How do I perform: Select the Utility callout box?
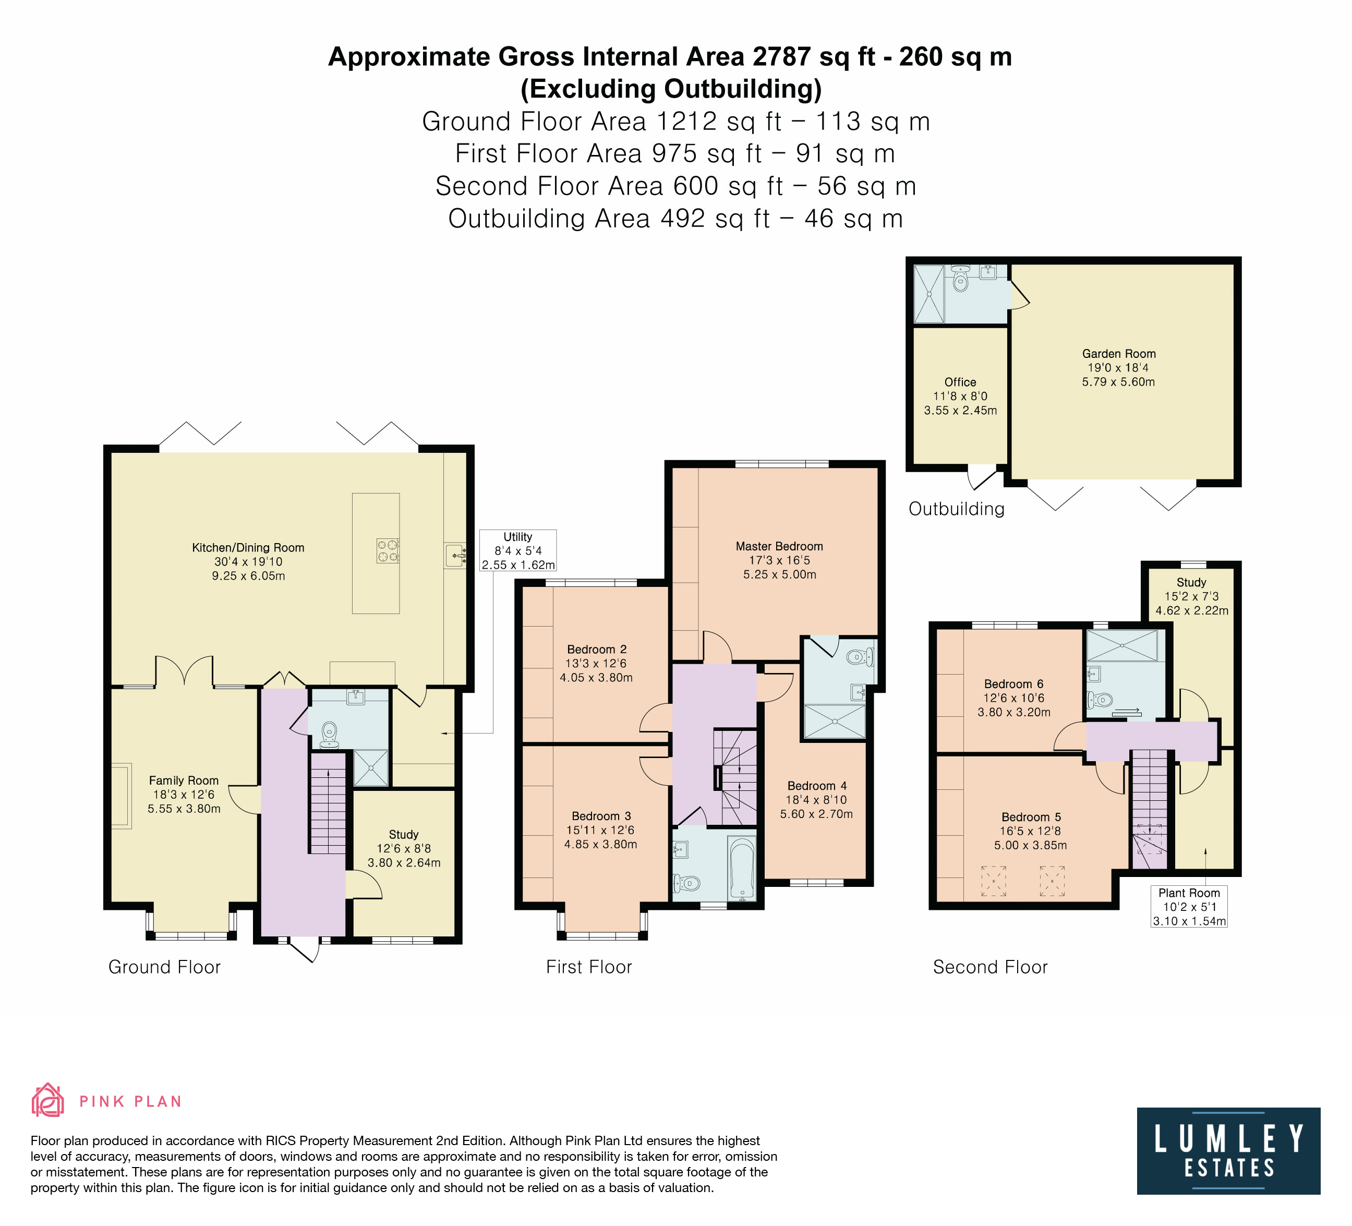tap(518, 550)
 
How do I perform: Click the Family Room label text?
tap(184, 780)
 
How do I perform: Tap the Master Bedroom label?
tap(779, 547)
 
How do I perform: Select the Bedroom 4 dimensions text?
tap(817, 808)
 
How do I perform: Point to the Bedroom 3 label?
tap(601, 816)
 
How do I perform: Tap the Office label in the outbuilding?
tap(960, 382)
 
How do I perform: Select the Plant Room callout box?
tap(1189, 907)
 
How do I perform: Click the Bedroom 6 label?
tap(1014, 684)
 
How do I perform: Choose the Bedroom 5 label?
tap(1031, 817)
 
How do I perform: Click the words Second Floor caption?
tap(990, 967)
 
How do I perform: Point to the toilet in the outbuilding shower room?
tap(961, 279)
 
